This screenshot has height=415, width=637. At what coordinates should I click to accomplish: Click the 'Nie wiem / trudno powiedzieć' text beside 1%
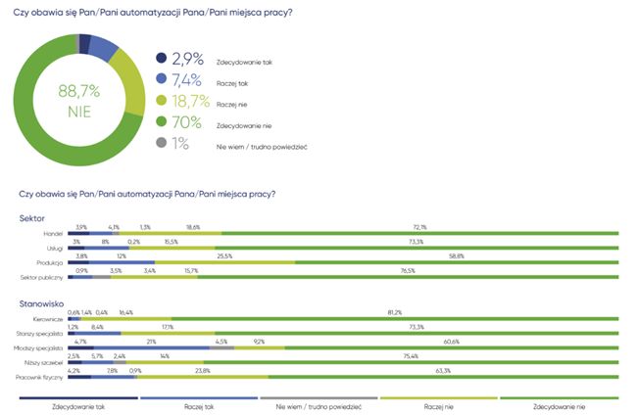(x=262, y=146)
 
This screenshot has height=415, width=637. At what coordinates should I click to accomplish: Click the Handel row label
(x=53, y=234)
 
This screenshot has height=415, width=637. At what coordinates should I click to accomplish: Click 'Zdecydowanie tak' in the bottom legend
(x=78, y=404)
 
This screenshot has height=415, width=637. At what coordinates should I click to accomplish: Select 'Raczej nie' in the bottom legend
(x=438, y=404)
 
